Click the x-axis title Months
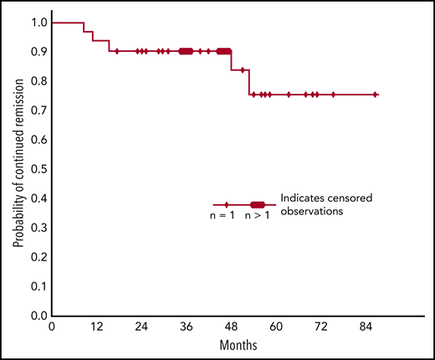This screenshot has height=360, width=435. [238, 345]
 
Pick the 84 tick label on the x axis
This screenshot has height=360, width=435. [365, 327]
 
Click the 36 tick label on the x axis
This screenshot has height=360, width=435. [186, 327]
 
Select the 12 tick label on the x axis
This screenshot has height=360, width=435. [96, 327]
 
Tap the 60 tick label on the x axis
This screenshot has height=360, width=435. [275, 327]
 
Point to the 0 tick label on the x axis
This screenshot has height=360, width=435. [52, 327]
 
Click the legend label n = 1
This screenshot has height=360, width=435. [222, 216]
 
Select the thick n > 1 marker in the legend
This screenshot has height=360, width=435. [258, 204]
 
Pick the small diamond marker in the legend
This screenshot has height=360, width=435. [226, 204]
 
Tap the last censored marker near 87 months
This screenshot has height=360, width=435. [375, 95]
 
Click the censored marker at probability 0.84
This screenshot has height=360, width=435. [243, 69]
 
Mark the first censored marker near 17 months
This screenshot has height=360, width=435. [116, 51]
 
